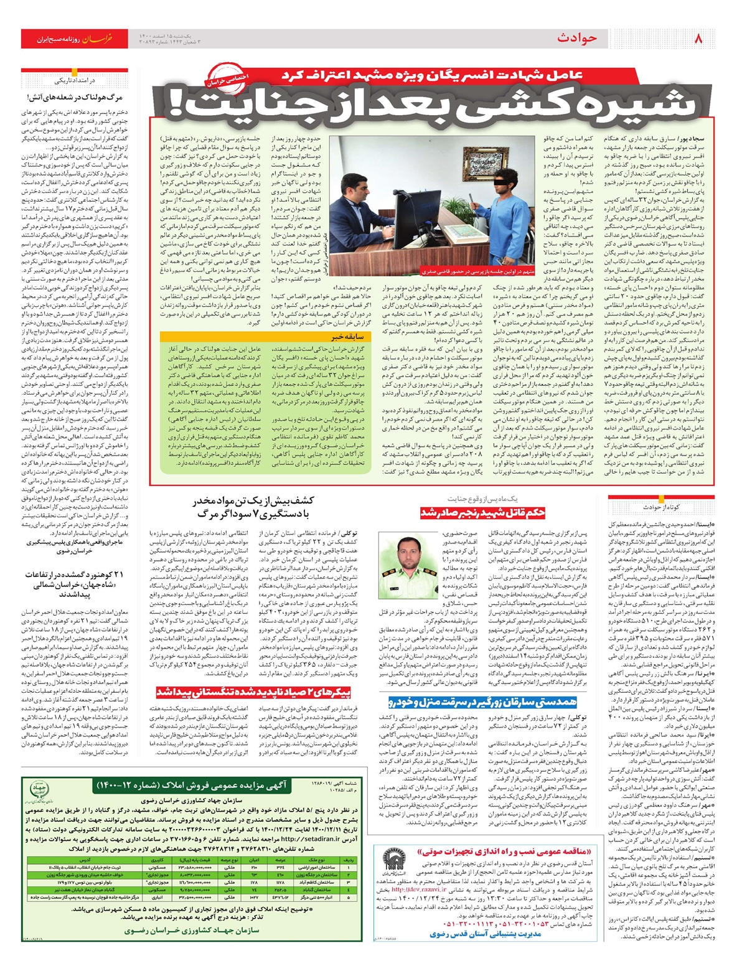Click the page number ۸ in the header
[x=698, y=39]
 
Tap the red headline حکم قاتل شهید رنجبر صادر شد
[x=482, y=512]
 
